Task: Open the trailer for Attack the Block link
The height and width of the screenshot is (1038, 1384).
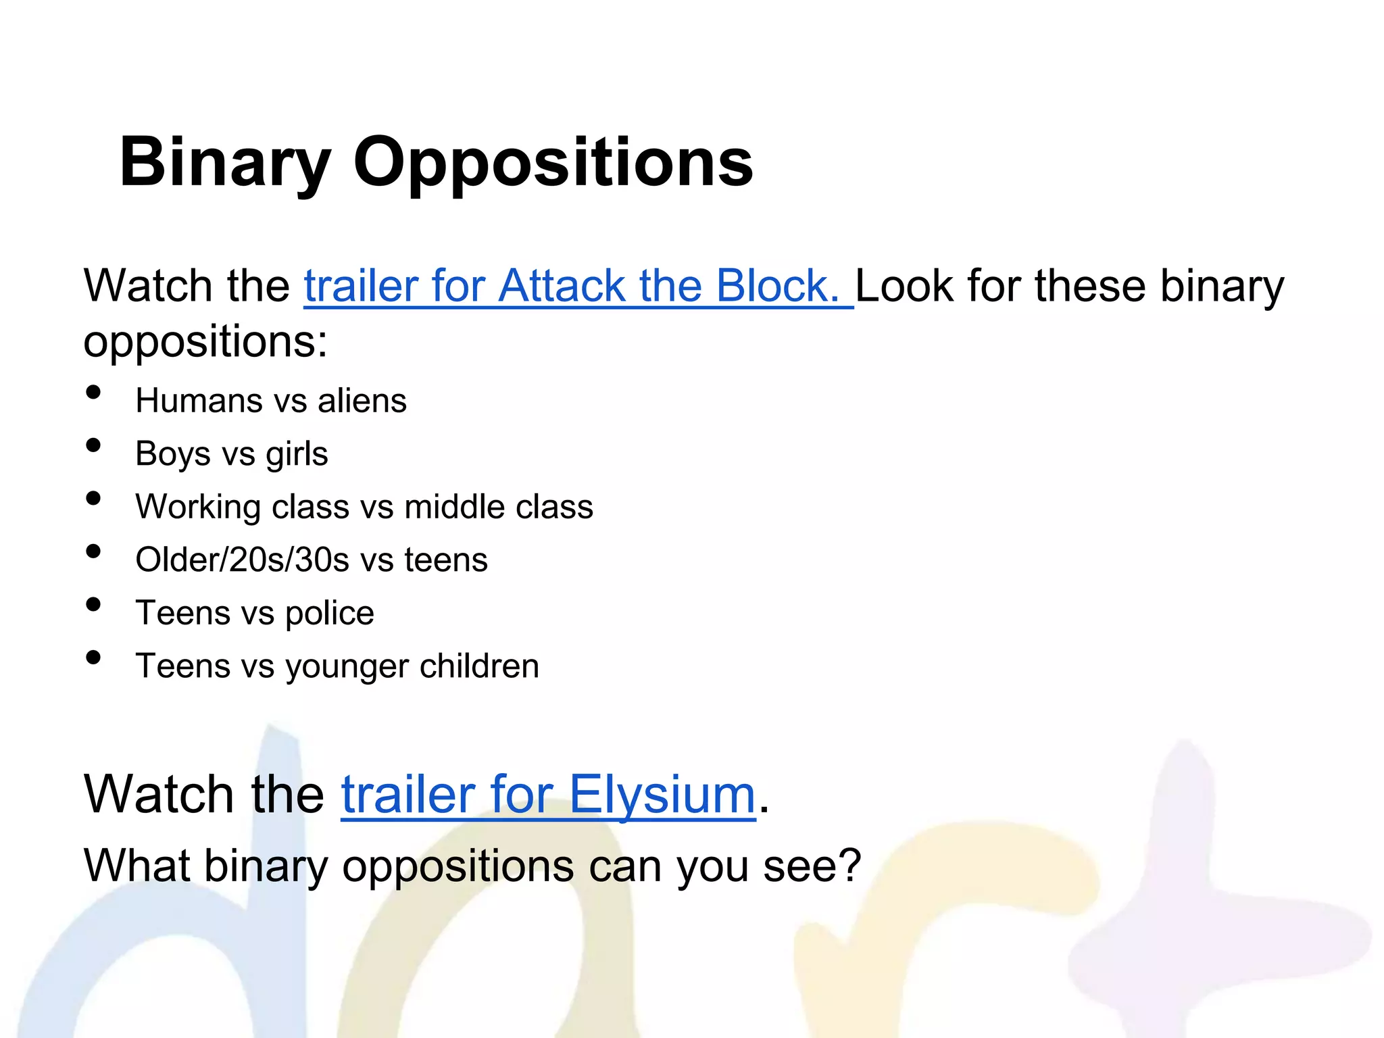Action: click(x=578, y=286)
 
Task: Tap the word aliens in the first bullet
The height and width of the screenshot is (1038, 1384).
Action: click(x=362, y=401)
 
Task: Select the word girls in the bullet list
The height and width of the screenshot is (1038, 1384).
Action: click(x=297, y=454)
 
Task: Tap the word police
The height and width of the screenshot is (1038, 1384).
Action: click(x=329, y=614)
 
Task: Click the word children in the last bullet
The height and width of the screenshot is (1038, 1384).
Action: click(x=479, y=666)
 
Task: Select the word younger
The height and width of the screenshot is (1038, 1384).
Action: click(x=347, y=668)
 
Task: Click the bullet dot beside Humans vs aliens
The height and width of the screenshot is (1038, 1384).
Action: click(x=94, y=393)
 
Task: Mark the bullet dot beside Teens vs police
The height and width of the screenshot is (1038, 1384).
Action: click(x=94, y=605)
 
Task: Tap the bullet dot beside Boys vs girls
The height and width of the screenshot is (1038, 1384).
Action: click(x=94, y=445)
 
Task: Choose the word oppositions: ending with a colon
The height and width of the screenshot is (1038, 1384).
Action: click(x=205, y=342)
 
